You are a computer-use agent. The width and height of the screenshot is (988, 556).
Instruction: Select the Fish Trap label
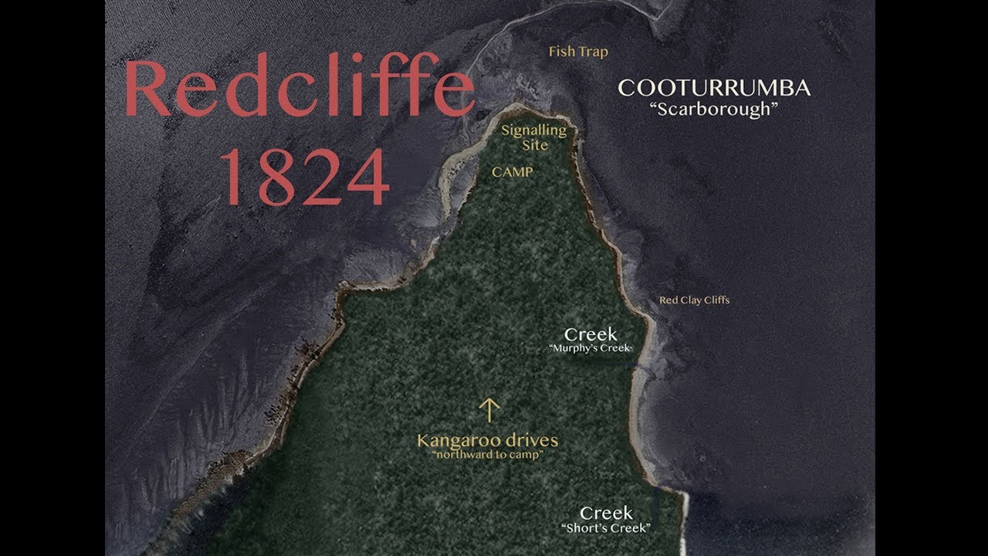pyautogui.click(x=578, y=52)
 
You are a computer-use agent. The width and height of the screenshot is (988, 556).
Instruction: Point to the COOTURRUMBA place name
pyautogui.click(x=714, y=88)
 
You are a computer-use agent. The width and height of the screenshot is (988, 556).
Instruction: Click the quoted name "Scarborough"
pyautogui.click(x=714, y=109)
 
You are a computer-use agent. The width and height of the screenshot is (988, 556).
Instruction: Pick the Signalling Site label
pyautogui.click(x=534, y=137)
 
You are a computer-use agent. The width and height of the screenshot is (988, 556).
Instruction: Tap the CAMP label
pyautogui.click(x=513, y=172)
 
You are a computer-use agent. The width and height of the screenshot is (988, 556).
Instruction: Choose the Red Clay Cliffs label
pyautogui.click(x=694, y=300)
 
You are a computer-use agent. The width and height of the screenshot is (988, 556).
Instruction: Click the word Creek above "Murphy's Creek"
pyautogui.click(x=590, y=334)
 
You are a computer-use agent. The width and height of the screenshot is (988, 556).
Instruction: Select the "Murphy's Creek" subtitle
pyautogui.click(x=590, y=349)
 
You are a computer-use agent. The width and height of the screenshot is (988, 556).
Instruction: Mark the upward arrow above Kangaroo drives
pyautogui.click(x=489, y=409)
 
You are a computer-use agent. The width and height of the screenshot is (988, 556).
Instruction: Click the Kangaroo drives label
pyautogui.click(x=487, y=441)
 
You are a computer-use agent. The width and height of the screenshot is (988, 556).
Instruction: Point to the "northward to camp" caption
pyautogui.click(x=487, y=455)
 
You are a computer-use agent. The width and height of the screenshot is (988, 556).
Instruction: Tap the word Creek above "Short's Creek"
pyautogui.click(x=606, y=513)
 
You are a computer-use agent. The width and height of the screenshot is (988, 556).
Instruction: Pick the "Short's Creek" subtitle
pyautogui.click(x=606, y=528)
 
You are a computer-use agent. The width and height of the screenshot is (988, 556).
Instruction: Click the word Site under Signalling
pyautogui.click(x=535, y=145)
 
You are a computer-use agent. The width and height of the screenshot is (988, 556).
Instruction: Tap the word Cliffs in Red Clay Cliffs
pyautogui.click(x=715, y=300)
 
